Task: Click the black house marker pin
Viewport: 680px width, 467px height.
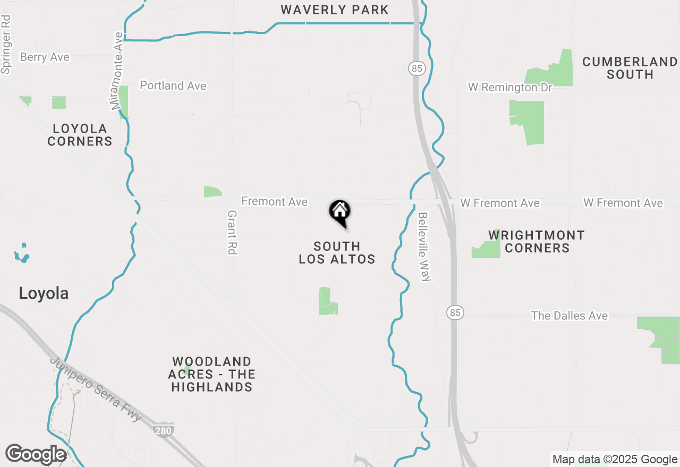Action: pyautogui.click(x=340, y=213)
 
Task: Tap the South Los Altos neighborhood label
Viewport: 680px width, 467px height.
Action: pyautogui.click(x=337, y=253)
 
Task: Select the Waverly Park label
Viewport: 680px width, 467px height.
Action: pyautogui.click(x=335, y=10)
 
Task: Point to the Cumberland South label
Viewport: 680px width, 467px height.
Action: pyautogui.click(x=630, y=68)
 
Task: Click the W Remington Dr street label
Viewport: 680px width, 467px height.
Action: pyautogui.click(x=510, y=87)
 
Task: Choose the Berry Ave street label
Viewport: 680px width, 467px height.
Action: pyautogui.click(x=45, y=57)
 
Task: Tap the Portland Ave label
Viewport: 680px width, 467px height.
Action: pyautogui.click(x=173, y=85)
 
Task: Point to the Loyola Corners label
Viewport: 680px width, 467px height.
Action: pyautogui.click(x=80, y=135)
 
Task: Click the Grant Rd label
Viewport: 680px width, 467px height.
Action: pyautogui.click(x=232, y=232)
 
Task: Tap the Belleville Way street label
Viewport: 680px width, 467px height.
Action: pyautogui.click(x=423, y=247)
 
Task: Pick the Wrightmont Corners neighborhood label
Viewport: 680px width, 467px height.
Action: pyautogui.click(x=537, y=241)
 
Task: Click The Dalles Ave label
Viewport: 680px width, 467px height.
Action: pyautogui.click(x=569, y=316)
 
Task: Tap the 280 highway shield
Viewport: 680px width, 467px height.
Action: pyautogui.click(x=163, y=430)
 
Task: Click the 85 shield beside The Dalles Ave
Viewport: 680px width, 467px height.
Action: pyautogui.click(x=455, y=313)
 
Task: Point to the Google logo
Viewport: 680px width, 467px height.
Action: pyautogui.click(x=36, y=454)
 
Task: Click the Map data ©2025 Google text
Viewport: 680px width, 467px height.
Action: pyautogui.click(x=615, y=460)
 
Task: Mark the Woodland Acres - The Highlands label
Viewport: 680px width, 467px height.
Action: pyautogui.click(x=211, y=374)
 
